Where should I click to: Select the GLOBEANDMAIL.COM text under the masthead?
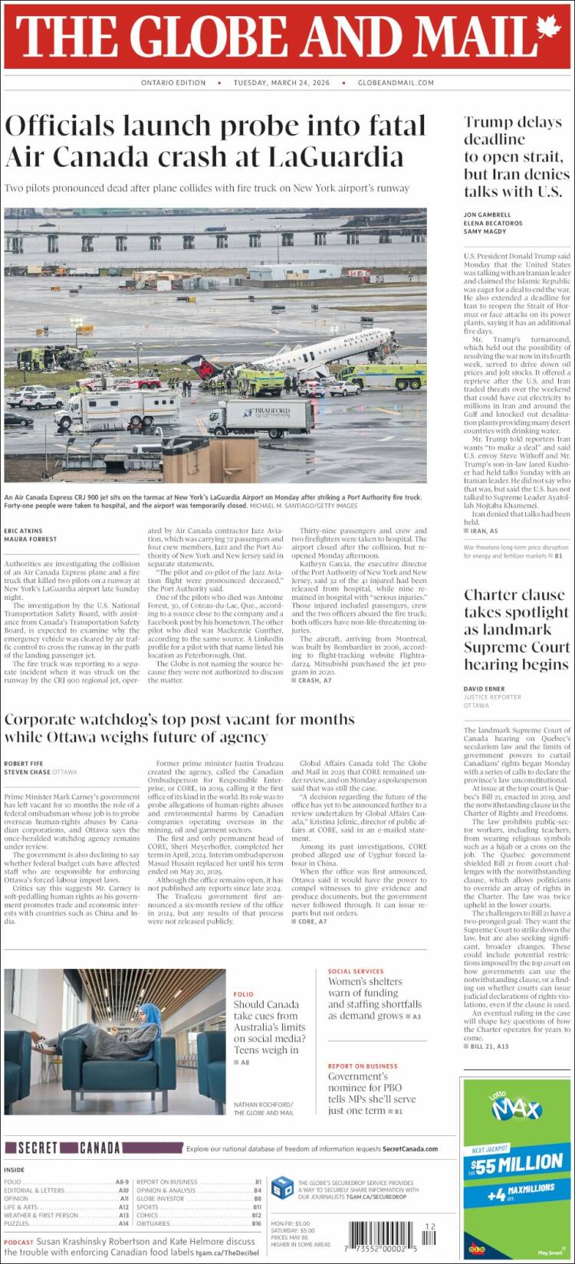point(396,83)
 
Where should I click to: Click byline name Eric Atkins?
point(23,531)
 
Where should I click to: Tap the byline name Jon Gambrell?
point(487,214)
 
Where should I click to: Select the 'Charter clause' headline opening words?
point(514,595)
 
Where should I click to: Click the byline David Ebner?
point(485,689)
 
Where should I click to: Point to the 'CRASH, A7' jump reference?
point(314,680)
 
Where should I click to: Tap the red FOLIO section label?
point(243,994)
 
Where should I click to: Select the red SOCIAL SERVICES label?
point(356,971)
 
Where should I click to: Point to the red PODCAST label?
point(18,1242)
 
